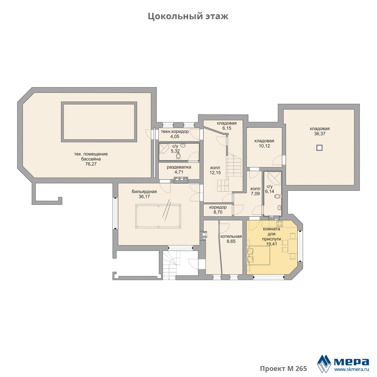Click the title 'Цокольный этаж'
pyautogui.click(x=188, y=16)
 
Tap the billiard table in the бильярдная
pyautogui.click(x=158, y=216)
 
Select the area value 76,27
pyautogui.click(x=91, y=164)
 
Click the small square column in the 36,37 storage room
pyautogui.click(x=319, y=148)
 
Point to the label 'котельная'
pyautogui.click(x=231, y=236)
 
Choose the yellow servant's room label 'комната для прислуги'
pyautogui.click(x=271, y=234)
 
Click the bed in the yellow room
pyautogui.click(x=259, y=256)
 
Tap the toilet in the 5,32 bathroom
pyautogui.click(x=178, y=156)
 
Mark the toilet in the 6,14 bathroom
pyautogui.click(x=278, y=196)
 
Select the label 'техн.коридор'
pyautogui.click(x=175, y=132)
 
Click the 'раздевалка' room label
pyautogui.click(x=179, y=167)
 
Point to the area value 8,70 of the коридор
pyautogui.click(x=218, y=212)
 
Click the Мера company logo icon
pyautogui.click(x=324, y=363)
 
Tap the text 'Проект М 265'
pyautogui.click(x=284, y=369)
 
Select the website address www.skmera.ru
pyautogui.click(x=352, y=369)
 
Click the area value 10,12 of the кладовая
pyautogui.click(x=264, y=146)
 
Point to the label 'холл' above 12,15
pyautogui.click(x=215, y=168)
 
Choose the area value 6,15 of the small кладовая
pyautogui.click(x=227, y=128)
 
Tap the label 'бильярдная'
pyautogui.click(x=144, y=192)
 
